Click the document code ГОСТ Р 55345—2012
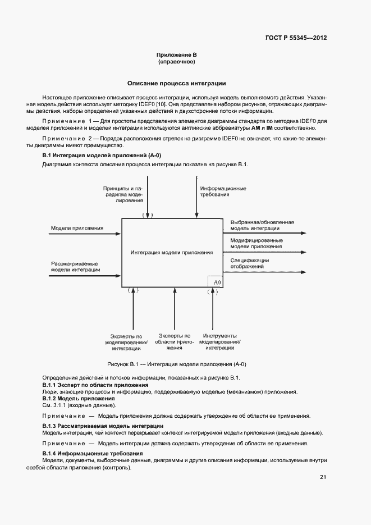point(296,38)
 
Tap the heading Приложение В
point(176,54)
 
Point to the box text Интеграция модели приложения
point(172,253)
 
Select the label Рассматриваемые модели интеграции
point(75,266)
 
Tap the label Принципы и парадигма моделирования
point(123,194)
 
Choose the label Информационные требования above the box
point(223,191)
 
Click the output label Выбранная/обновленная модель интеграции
point(262,225)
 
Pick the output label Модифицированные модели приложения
point(256,243)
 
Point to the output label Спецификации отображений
point(249,263)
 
